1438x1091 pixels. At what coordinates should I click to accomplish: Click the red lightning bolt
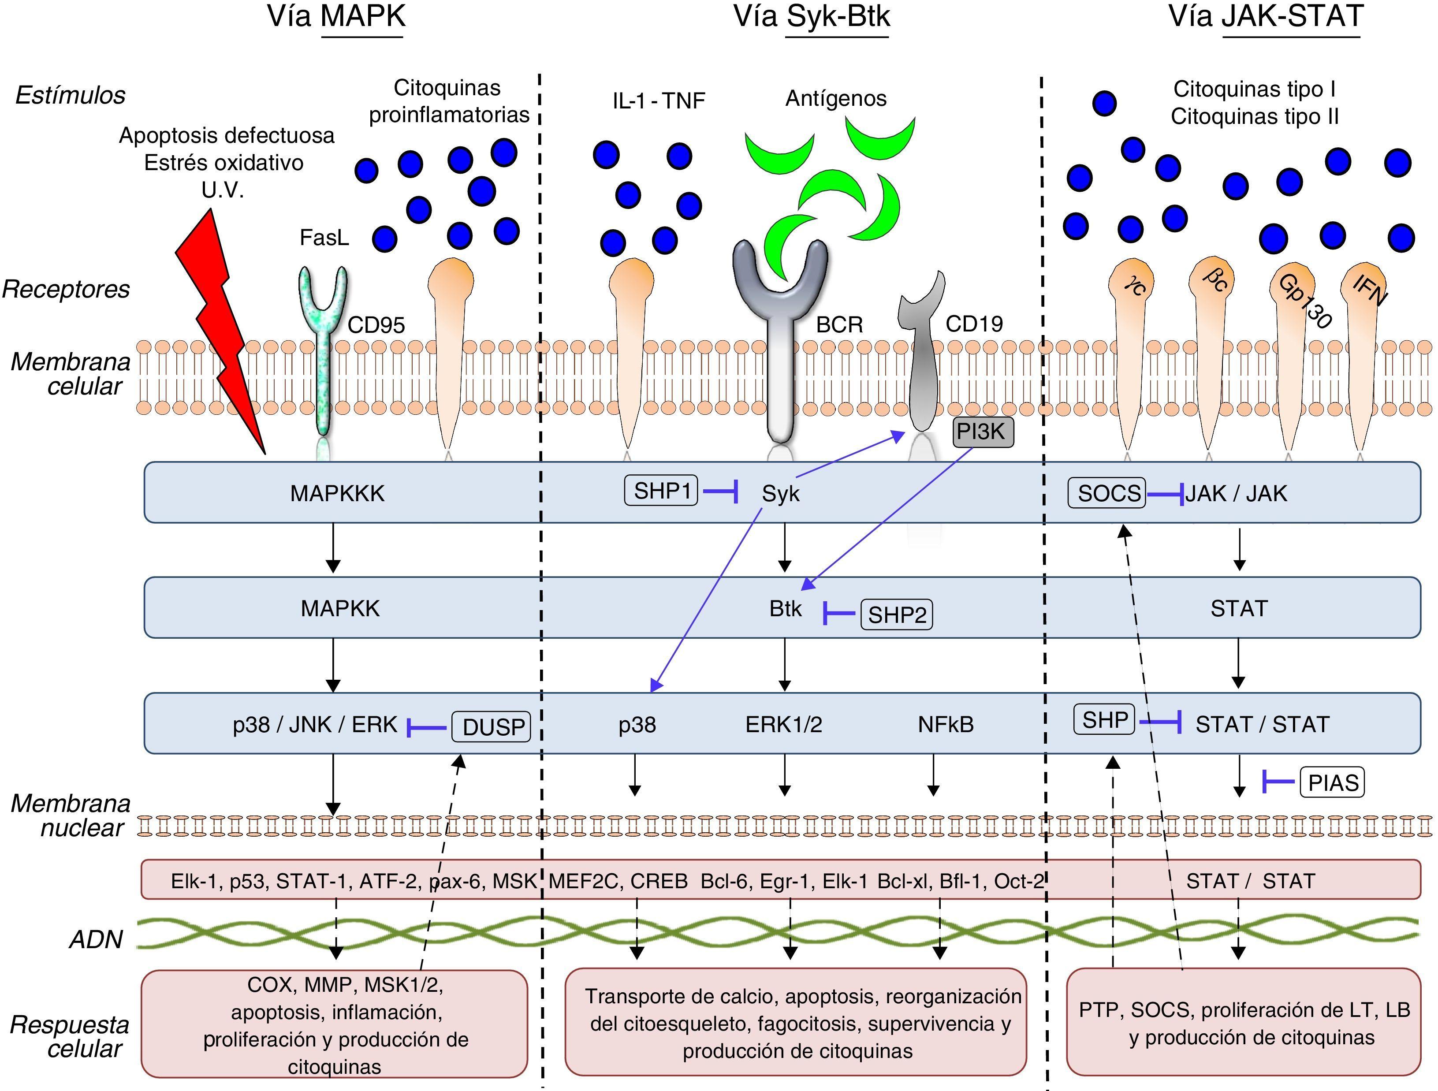click(x=218, y=325)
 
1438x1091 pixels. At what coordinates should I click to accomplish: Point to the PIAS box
click(x=1333, y=782)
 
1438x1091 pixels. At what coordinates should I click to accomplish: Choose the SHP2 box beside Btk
click(x=897, y=615)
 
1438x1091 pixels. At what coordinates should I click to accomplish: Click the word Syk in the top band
click(x=781, y=494)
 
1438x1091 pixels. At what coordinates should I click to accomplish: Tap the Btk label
click(x=785, y=609)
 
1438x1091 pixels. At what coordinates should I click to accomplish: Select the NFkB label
click(x=946, y=724)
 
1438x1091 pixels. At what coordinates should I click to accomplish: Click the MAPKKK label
click(x=337, y=494)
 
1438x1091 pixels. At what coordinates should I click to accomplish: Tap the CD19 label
click(x=974, y=324)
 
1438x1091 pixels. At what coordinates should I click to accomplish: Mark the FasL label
click(x=324, y=238)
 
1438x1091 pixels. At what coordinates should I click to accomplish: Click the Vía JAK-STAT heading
click(x=1266, y=17)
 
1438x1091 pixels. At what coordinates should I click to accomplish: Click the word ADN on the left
click(x=96, y=939)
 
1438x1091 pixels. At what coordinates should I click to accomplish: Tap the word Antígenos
click(x=836, y=98)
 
